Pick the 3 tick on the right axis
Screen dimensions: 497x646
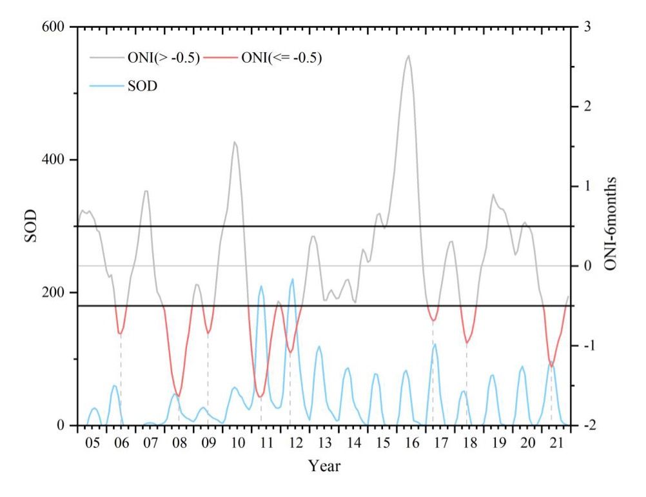pyautogui.click(x=587, y=27)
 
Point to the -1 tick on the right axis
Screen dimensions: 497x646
pyautogui.click(x=588, y=346)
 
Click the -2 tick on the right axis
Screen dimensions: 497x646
pyautogui.click(x=588, y=425)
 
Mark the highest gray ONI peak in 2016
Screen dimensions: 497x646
pyautogui.click(x=409, y=56)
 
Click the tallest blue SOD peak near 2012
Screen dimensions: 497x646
pyautogui.click(x=293, y=279)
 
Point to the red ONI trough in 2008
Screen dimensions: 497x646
pyautogui.click(x=179, y=396)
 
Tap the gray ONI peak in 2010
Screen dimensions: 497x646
pyautogui.click(x=235, y=142)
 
